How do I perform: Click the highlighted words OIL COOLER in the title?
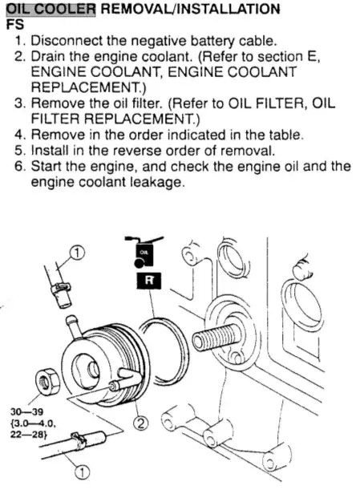(51, 9)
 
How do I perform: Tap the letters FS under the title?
(14, 25)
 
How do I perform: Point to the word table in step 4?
(285, 135)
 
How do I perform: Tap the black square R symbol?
(149, 281)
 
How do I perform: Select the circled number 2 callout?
(141, 423)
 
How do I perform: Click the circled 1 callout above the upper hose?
(77, 253)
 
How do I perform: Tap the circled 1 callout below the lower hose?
(82, 472)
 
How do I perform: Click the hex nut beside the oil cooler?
(47, 381)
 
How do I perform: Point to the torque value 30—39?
(27, 411)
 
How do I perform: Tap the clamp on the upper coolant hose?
(60, 287)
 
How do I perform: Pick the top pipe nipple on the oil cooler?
(73, 326)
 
